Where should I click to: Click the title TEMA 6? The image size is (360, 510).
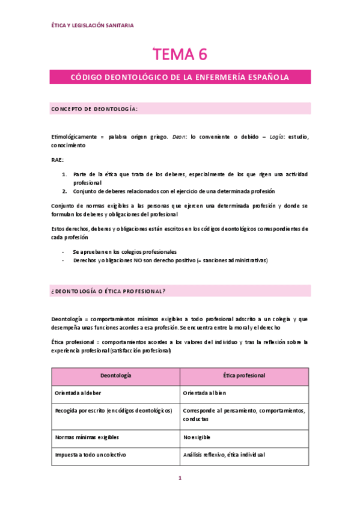tap(180, 54)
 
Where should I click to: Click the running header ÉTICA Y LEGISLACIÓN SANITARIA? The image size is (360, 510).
tap(93, 25)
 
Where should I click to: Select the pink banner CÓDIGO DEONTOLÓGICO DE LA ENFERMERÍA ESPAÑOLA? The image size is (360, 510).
tap(180, 78)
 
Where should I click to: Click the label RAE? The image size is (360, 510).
tap(58, 160)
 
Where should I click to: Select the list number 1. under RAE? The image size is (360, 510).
tap(65, 174)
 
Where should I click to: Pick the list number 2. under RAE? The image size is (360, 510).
tap(65, 191)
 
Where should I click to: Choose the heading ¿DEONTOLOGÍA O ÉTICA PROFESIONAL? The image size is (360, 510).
tap(109, 291)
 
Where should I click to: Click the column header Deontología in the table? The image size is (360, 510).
tap(115, 375)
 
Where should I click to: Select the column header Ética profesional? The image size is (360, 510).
tap(244, 375)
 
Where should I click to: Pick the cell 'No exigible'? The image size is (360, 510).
tap(197, 437)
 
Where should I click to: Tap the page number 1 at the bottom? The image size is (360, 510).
tap(180, 479)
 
